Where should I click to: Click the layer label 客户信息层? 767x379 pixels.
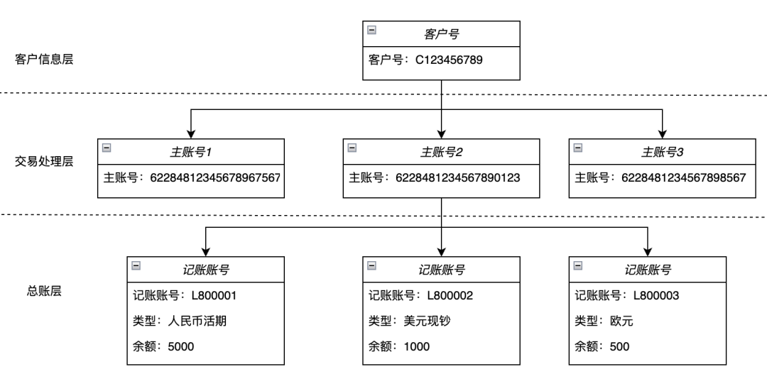(44, 59)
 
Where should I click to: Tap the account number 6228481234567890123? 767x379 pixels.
(458, 177)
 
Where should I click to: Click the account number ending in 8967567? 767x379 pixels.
(215, 177)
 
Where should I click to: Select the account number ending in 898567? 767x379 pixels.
(684, 177)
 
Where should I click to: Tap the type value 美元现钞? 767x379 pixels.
(428, 321)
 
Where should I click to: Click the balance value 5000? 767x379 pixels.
(180, 346)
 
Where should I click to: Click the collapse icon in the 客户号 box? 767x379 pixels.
(372, 31)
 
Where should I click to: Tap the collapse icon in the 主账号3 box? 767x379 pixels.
(578, 148)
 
